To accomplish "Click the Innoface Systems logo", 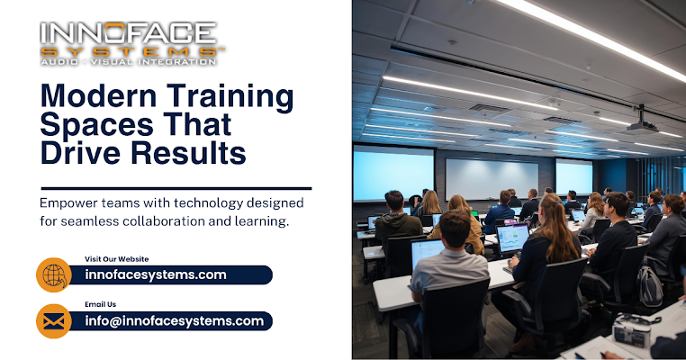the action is tap(131, 44).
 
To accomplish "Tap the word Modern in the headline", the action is tap(98, 96).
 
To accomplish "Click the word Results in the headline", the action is tap(188, 153).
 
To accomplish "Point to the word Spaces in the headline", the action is tap(96, 126).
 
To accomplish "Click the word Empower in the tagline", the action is tap(68, 203).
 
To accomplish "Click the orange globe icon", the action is tap(54, 274).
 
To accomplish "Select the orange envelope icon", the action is tap(54, 321).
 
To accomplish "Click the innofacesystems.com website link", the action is tap(156, 274).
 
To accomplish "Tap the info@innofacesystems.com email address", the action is tap(175, 321).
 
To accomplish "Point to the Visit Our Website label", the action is tap(117, 259).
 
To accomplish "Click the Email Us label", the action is tap(101, 304).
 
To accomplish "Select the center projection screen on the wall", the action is tap(492, 178).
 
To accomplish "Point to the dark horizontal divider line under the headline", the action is tap(176, 188).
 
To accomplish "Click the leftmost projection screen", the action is tap(393, 174).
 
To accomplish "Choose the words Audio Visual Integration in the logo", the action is tap(128, 62).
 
